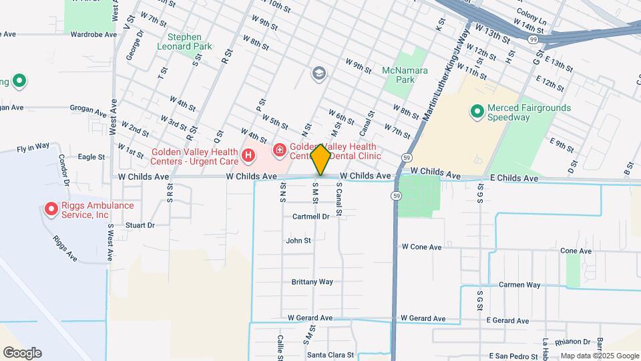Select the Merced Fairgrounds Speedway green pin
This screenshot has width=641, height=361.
[477, 111]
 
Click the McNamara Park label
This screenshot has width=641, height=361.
[399, 75]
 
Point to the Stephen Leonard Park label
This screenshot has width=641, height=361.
[184, 42]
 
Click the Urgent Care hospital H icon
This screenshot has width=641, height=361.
[248, 156]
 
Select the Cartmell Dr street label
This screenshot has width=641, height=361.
[310, 217]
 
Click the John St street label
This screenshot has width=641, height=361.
[298, 241]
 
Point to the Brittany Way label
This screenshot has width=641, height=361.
[312, 282]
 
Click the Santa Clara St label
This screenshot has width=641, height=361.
[330, 355]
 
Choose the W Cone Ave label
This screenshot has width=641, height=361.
[421, 247]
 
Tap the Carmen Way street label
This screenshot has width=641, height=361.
[519, 285]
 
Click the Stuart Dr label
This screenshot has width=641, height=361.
[140, 226]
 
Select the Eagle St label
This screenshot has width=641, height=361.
[91, 157]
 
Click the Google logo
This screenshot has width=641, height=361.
[22, 353]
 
